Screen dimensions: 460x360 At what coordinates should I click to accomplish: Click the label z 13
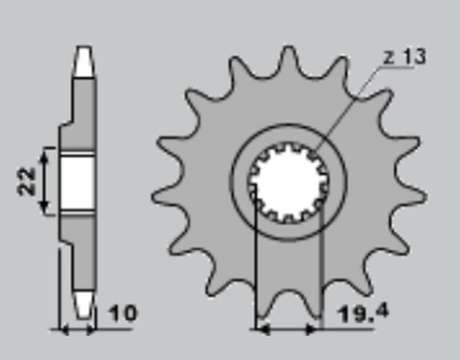point(405,57)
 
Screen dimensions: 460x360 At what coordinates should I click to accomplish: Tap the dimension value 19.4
point(363,313)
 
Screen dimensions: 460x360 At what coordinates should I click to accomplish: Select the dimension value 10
point(123,313)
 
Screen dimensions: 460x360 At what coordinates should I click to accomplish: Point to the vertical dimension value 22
point(26,181)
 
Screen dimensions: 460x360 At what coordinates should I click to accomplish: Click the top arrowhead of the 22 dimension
point(44,157)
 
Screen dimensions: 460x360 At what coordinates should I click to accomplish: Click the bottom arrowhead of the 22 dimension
point(44,206)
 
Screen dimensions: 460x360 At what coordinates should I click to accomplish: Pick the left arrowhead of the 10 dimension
point(64,329)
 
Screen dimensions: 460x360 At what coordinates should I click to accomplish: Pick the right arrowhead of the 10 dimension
point(90,329)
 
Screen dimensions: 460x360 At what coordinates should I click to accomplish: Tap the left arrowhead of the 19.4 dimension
point(263,330)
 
